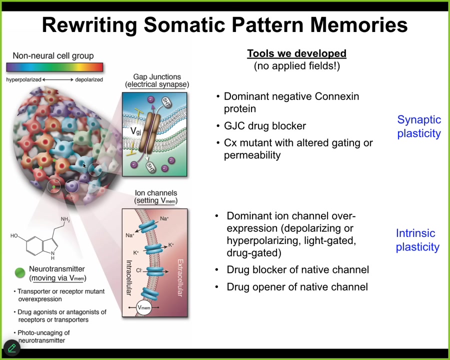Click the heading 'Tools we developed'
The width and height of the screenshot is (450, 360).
click(x=296, y=53)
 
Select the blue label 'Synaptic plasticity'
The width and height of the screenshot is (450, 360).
click(x=418, y=126)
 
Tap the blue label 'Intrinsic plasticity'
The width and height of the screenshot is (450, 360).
click(x=417, y=240)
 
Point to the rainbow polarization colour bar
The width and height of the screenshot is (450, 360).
click(x=54, y=67)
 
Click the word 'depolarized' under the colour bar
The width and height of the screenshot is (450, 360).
click(x=89, y=79)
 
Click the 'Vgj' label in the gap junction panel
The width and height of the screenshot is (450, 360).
click(x=135, y=131)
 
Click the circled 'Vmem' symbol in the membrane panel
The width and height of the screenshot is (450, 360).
click(x=144, y=307)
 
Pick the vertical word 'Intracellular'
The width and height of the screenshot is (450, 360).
click(x=128, y=278)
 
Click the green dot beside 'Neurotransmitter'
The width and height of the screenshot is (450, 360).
click(x=20, y=272)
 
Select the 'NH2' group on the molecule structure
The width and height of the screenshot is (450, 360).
click(x=65, y=219)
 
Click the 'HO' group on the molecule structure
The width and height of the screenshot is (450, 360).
click(x=14, y=236)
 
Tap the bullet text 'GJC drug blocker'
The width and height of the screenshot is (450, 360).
click(x=265, y=126)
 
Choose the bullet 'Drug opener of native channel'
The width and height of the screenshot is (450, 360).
click(x=297, y=287)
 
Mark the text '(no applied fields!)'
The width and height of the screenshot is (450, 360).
click(x=296, y=65)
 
